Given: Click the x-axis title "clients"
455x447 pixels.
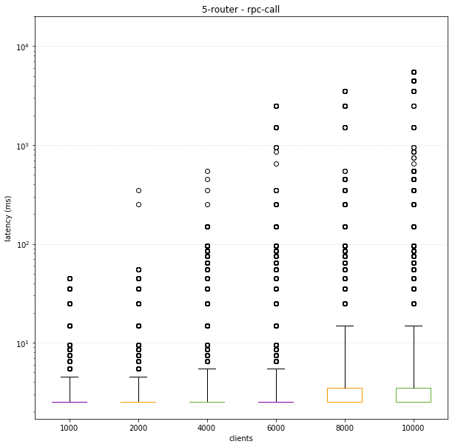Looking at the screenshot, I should (240, 438).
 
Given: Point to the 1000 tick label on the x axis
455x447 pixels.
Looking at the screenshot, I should (69, 427).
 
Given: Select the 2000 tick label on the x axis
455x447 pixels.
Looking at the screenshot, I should (138, 427).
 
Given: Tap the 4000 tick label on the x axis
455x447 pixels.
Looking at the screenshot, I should (207, 427).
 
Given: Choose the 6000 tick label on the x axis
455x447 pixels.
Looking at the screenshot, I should (276, 427).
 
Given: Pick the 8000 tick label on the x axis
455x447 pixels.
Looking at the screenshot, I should (345, 427).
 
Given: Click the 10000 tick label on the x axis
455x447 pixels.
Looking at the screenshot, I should (414, 427).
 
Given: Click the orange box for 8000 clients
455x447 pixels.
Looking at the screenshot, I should (345, 395).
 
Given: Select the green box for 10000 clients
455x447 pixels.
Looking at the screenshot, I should (414, 395).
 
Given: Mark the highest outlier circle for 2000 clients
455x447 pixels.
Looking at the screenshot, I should (138, 190).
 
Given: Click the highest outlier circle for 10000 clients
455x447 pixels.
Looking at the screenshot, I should (414, 72).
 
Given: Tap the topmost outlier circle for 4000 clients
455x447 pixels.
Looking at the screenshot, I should (207, 172).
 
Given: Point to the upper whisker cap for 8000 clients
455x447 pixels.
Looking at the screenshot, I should (345, 326).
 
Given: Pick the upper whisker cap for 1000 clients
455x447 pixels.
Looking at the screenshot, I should (69, 377).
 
